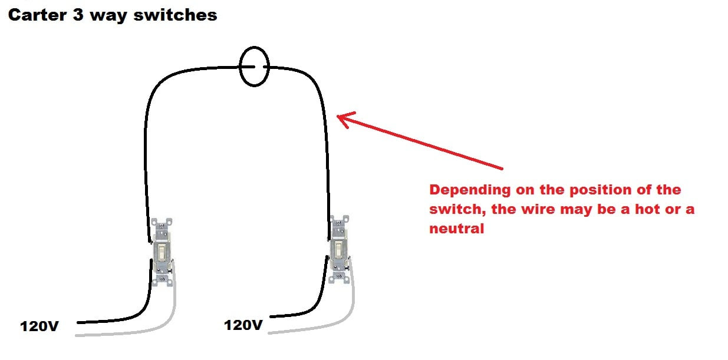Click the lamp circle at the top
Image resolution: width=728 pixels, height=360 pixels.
pos(254,67)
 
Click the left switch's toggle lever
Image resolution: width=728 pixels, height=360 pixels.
pos(162,252)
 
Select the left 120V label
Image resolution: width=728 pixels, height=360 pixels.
pos(39,326)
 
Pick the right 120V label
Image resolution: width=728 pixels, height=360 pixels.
pos(243,325)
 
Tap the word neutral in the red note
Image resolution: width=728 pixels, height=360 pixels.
pos(456,229)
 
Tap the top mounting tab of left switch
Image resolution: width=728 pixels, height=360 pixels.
pos(162,224)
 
